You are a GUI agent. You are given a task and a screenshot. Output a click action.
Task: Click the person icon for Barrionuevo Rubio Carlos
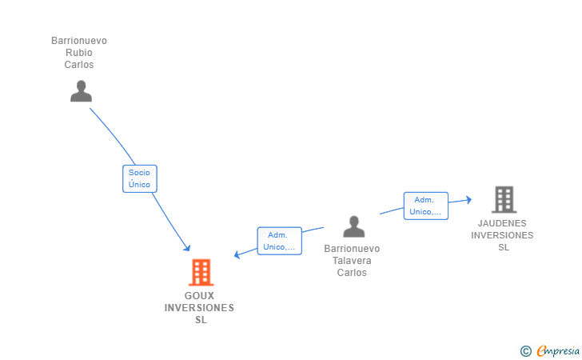(81, 91)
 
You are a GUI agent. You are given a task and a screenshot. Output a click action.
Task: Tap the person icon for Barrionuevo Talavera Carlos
(353, 227)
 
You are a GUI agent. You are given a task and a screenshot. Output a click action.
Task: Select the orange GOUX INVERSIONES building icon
(200, 273)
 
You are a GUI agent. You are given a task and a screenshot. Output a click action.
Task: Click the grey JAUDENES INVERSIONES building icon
(503, 199)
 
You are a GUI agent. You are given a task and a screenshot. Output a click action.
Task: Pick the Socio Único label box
(139, 178)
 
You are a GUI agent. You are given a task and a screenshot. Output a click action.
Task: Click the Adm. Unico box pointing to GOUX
(279, 241)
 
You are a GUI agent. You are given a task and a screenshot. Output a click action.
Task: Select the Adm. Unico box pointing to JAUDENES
(425, 206)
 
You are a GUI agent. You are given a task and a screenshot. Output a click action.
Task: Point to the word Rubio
(79, 53)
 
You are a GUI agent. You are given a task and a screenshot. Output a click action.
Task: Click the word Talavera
(352, 261)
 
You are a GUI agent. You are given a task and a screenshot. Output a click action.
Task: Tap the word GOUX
(200, 296)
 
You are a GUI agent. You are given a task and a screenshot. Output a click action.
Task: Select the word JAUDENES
(502, 223)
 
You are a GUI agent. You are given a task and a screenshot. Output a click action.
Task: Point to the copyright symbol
(525, 350)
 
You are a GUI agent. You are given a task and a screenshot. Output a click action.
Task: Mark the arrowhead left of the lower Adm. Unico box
(237, 255)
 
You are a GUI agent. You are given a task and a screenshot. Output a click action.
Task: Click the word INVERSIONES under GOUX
(200, 308)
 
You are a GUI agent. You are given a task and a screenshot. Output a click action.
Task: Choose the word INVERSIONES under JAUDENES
(502, 235)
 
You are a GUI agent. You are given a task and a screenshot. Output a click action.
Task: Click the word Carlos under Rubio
(79, 65)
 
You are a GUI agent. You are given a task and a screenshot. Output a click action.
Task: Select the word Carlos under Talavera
(352, 273)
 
